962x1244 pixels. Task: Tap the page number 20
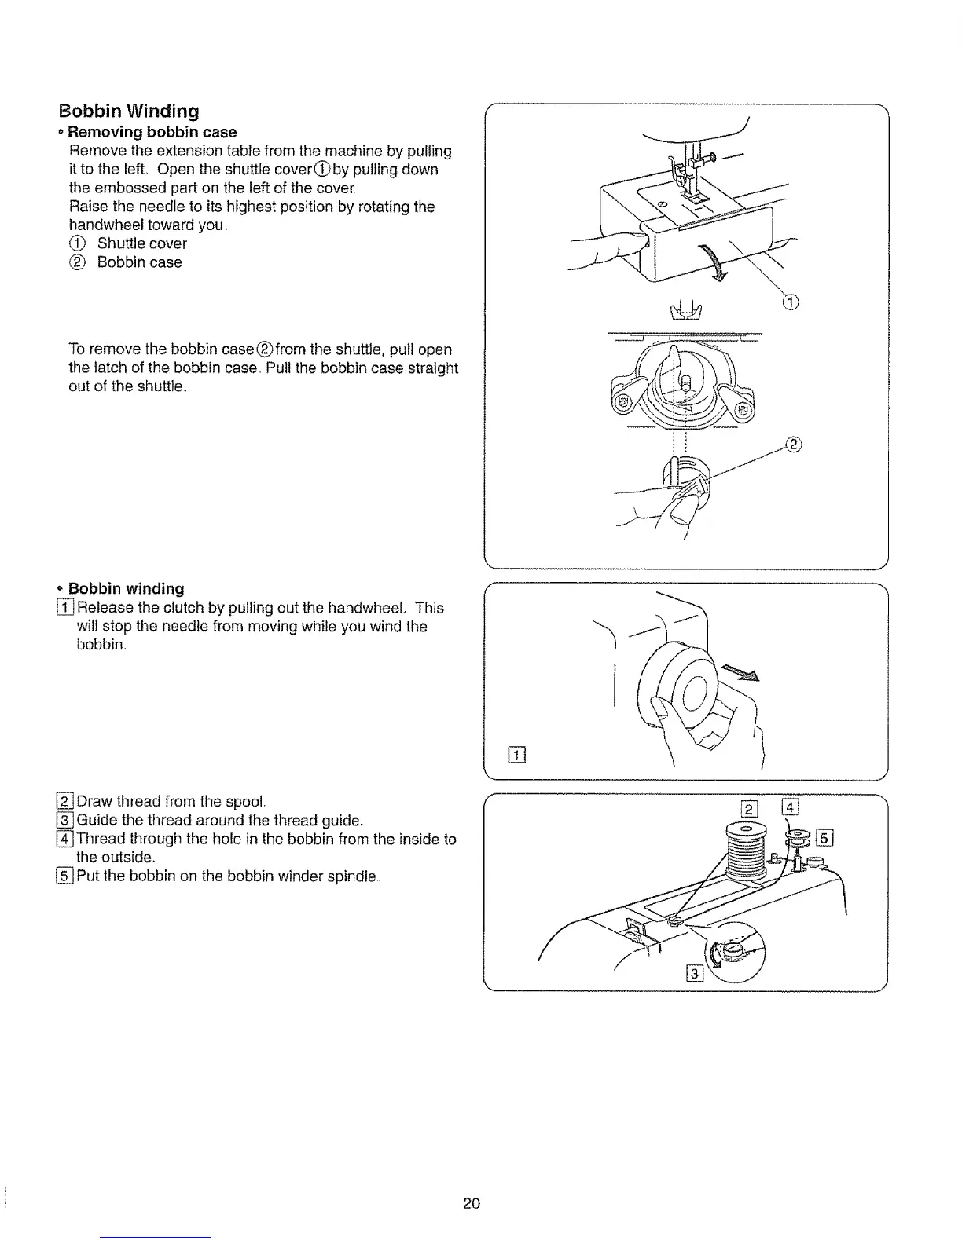click(x=471, y=1204)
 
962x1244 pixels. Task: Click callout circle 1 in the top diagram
click(x=790, y=302)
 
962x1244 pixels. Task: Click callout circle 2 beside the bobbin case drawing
click(x=792, y=445)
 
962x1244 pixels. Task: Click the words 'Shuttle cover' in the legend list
click(x=142, y=243)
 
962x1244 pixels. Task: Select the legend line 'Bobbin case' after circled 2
click(x=140, y=262)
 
